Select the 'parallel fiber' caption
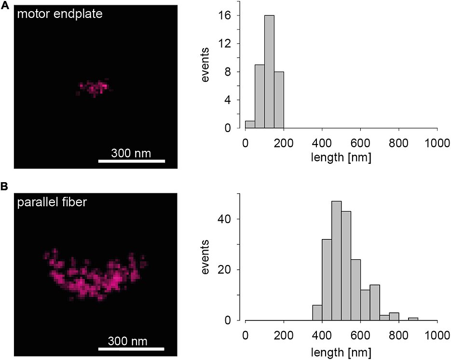click(52, 202)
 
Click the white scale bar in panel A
click(131, 161)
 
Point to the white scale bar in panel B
click(131, 349)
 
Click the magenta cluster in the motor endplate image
click(94, 87)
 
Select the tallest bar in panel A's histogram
click(269, 72)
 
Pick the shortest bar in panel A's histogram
click(250, 124)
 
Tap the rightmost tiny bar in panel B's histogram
click(413, 319)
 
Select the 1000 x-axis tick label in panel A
click(436, 144)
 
